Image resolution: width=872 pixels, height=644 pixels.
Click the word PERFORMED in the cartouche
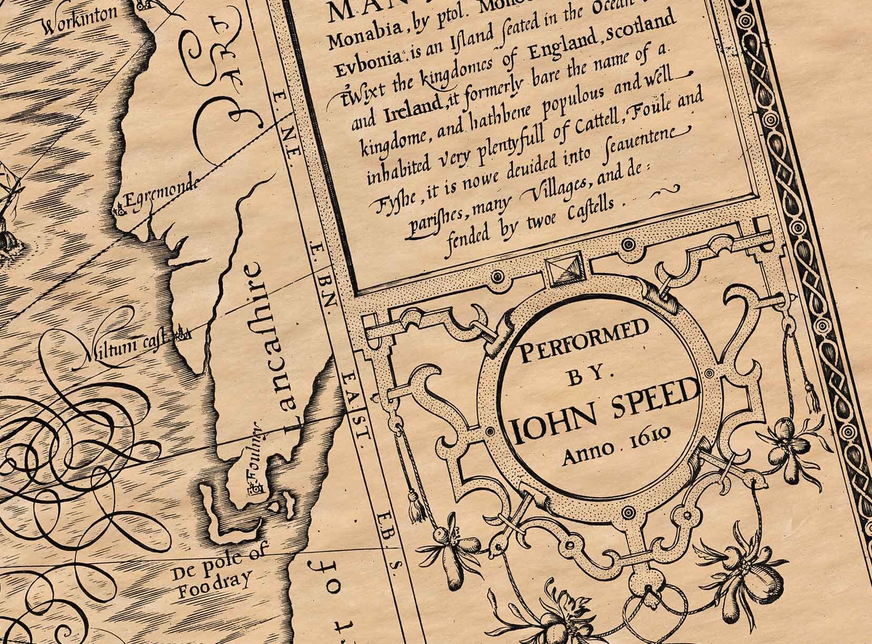[x=582, y=345]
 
